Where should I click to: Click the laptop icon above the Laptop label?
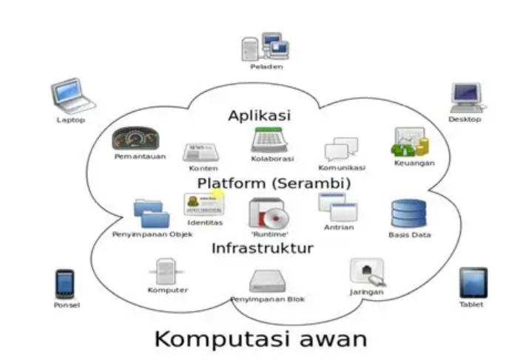[73, 95]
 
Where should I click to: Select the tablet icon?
[473, 282]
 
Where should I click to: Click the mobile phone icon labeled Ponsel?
[65, 284]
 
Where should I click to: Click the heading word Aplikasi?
[260, 116]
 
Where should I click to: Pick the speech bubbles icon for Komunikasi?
[341, 149]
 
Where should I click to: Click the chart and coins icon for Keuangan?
[410, 141]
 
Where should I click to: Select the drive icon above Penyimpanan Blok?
[266, 280]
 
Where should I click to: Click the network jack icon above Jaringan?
[366, 271]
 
